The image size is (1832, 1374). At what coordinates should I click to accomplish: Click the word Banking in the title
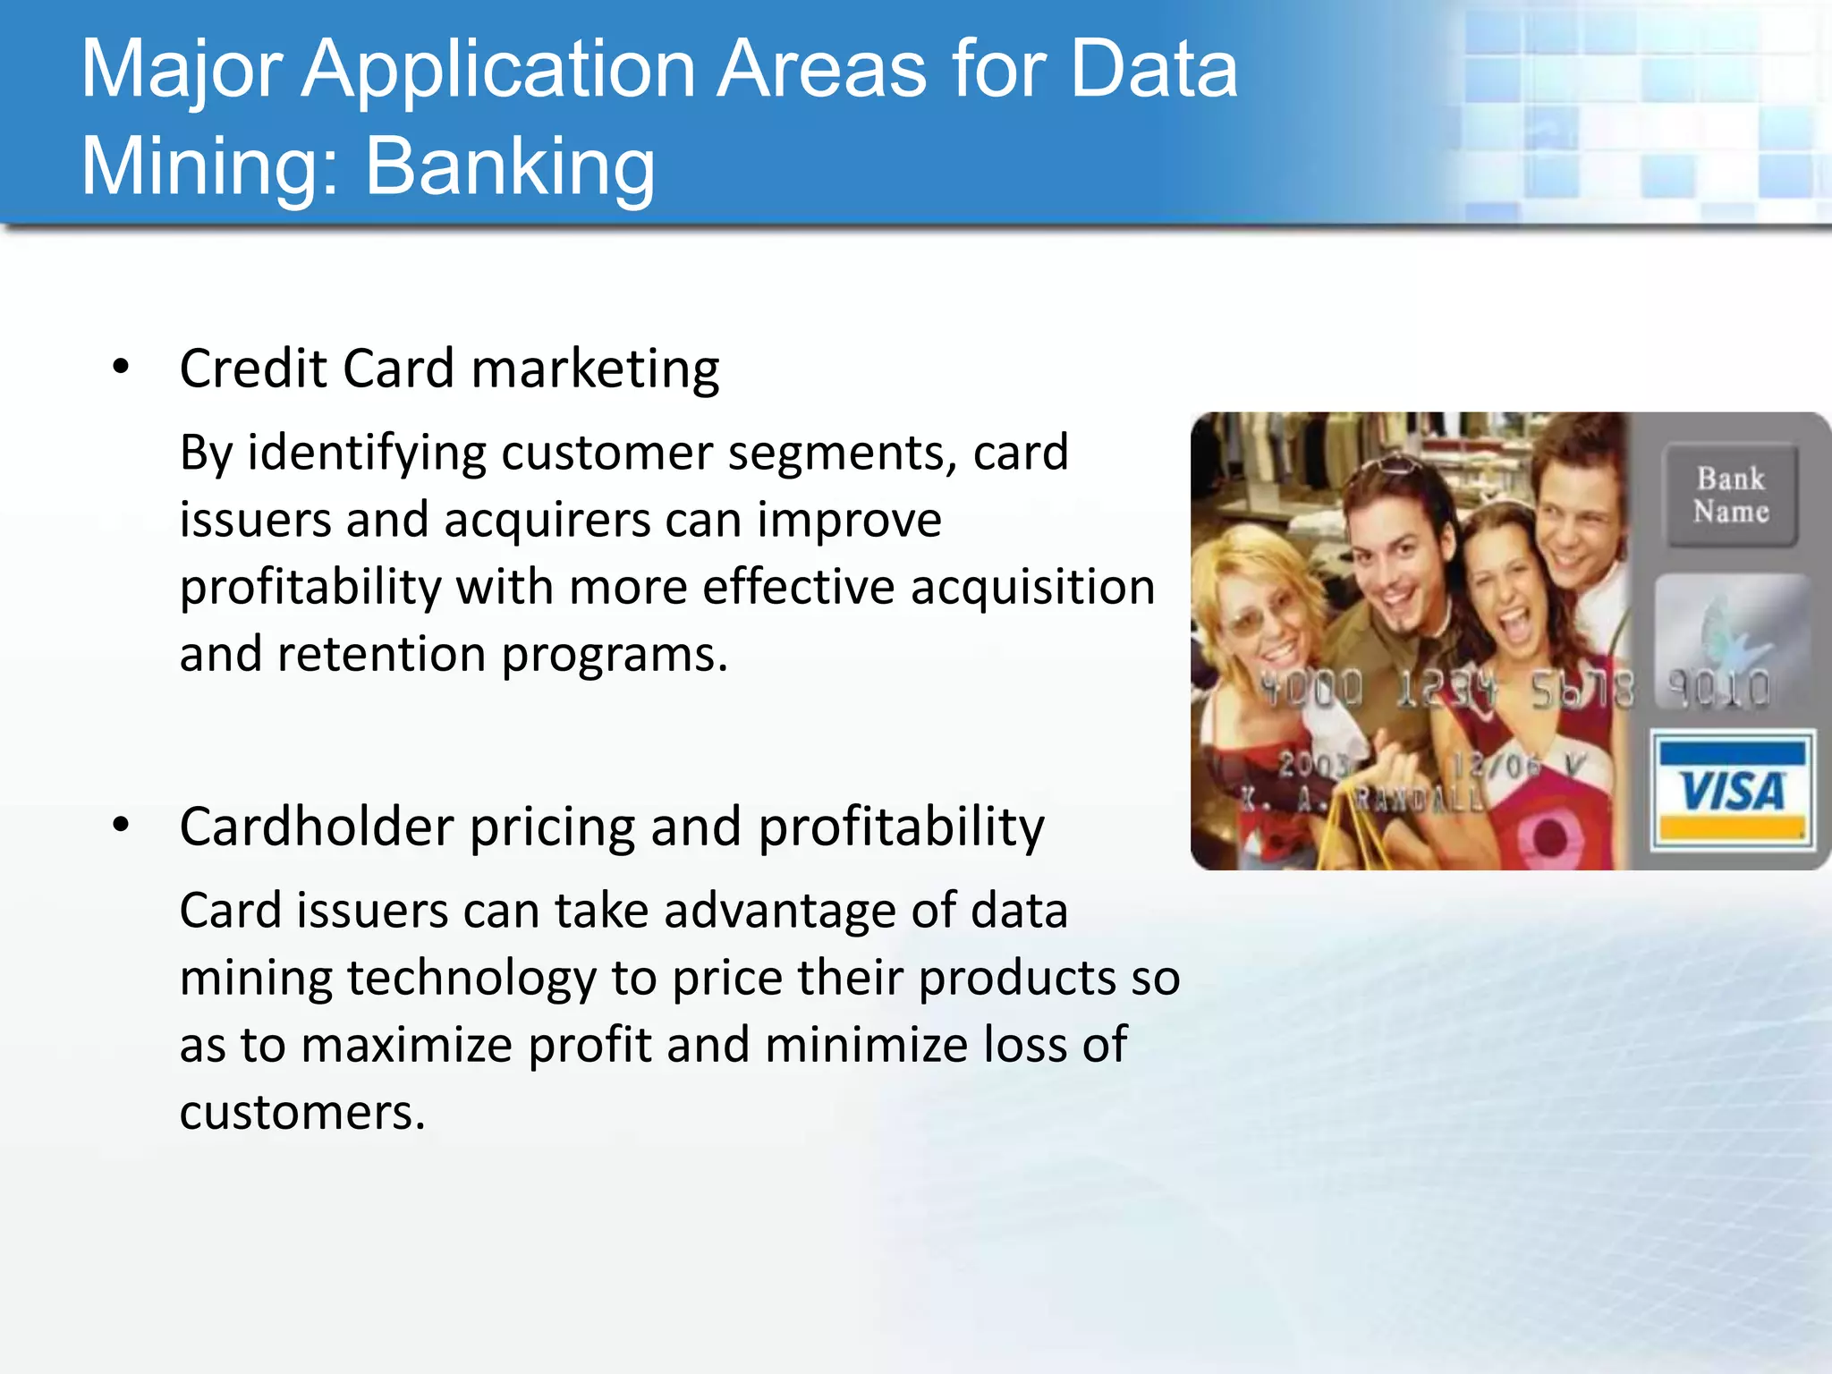(510, 167)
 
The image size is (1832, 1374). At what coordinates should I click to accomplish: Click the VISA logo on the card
(1732, 791)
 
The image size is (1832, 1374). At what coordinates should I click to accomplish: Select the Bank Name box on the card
(1731, 495)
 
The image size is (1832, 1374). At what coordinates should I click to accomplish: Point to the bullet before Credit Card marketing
(122, 368)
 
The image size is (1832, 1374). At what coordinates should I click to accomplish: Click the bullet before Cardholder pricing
(122, 826)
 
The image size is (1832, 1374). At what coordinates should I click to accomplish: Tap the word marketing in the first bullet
(595, 369)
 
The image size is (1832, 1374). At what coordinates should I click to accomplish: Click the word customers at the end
(301, 1112)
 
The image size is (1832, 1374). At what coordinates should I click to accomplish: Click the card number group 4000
(1311, 689)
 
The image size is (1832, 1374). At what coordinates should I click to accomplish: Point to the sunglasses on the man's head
(1392, 466)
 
